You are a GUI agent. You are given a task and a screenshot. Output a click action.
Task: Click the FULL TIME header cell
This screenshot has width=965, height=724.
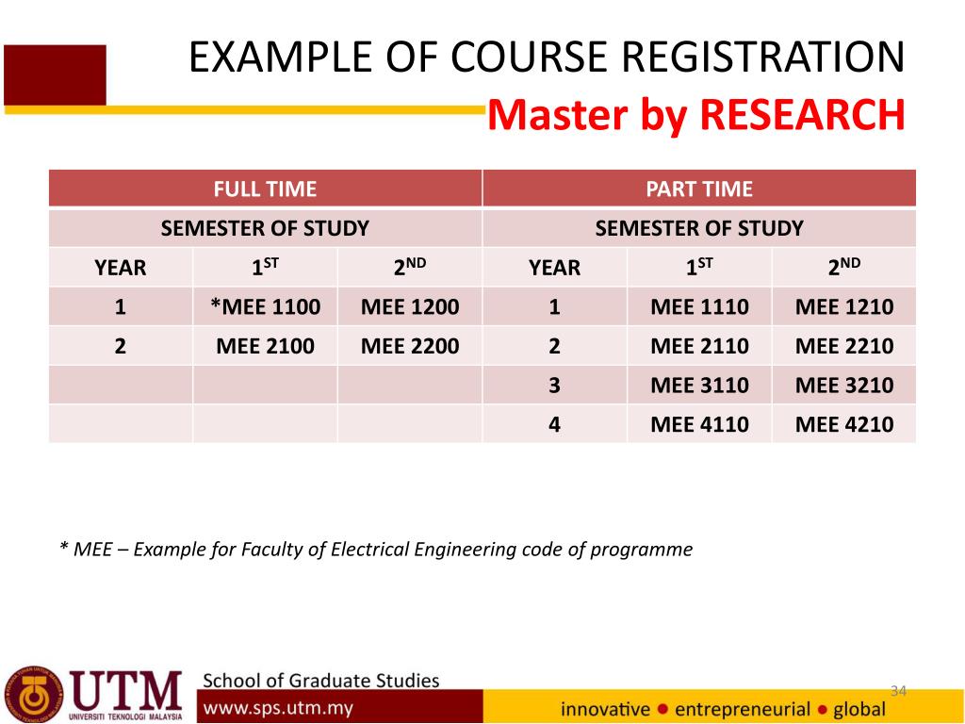click(265, 189)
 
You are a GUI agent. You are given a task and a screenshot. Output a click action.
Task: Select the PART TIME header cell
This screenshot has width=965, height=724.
click(699, 189)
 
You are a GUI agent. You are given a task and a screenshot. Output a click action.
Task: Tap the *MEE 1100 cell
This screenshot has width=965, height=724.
click(265, 306)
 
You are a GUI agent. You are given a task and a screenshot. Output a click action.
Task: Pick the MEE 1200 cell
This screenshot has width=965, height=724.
click(410, 306)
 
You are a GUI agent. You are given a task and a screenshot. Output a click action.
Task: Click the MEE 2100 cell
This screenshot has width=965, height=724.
click(265, 346)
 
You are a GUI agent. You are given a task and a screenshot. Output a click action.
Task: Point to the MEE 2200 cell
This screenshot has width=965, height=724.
click(410, 346)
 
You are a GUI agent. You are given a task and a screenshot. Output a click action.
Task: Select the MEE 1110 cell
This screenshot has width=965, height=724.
click(700, 306)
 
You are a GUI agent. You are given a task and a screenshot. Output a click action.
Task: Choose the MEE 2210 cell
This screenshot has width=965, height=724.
click(844, 346)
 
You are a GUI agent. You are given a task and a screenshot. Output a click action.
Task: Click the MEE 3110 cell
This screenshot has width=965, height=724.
click(700, 386)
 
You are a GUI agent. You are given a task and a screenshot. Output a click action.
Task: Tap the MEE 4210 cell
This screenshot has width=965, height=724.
click(844, 424)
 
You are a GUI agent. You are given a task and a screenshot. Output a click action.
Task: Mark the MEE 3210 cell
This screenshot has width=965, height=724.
click(844, 386)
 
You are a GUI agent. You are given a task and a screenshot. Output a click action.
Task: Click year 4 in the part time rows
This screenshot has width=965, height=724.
click(554, 424)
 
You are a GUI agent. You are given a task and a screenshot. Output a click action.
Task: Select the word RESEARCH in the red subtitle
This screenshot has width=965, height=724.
click(803, 114)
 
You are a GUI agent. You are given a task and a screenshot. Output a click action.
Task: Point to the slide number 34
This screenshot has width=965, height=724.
click(898, 691)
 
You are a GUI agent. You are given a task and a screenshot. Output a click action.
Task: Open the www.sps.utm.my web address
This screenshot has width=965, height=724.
click(278, 708)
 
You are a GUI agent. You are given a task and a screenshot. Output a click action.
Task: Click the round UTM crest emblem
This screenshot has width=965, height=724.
click(33, 695)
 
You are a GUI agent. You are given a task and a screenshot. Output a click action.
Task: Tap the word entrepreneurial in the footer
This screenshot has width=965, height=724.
click(743, 709)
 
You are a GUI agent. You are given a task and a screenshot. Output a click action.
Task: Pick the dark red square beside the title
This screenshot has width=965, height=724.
click(55, 75)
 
